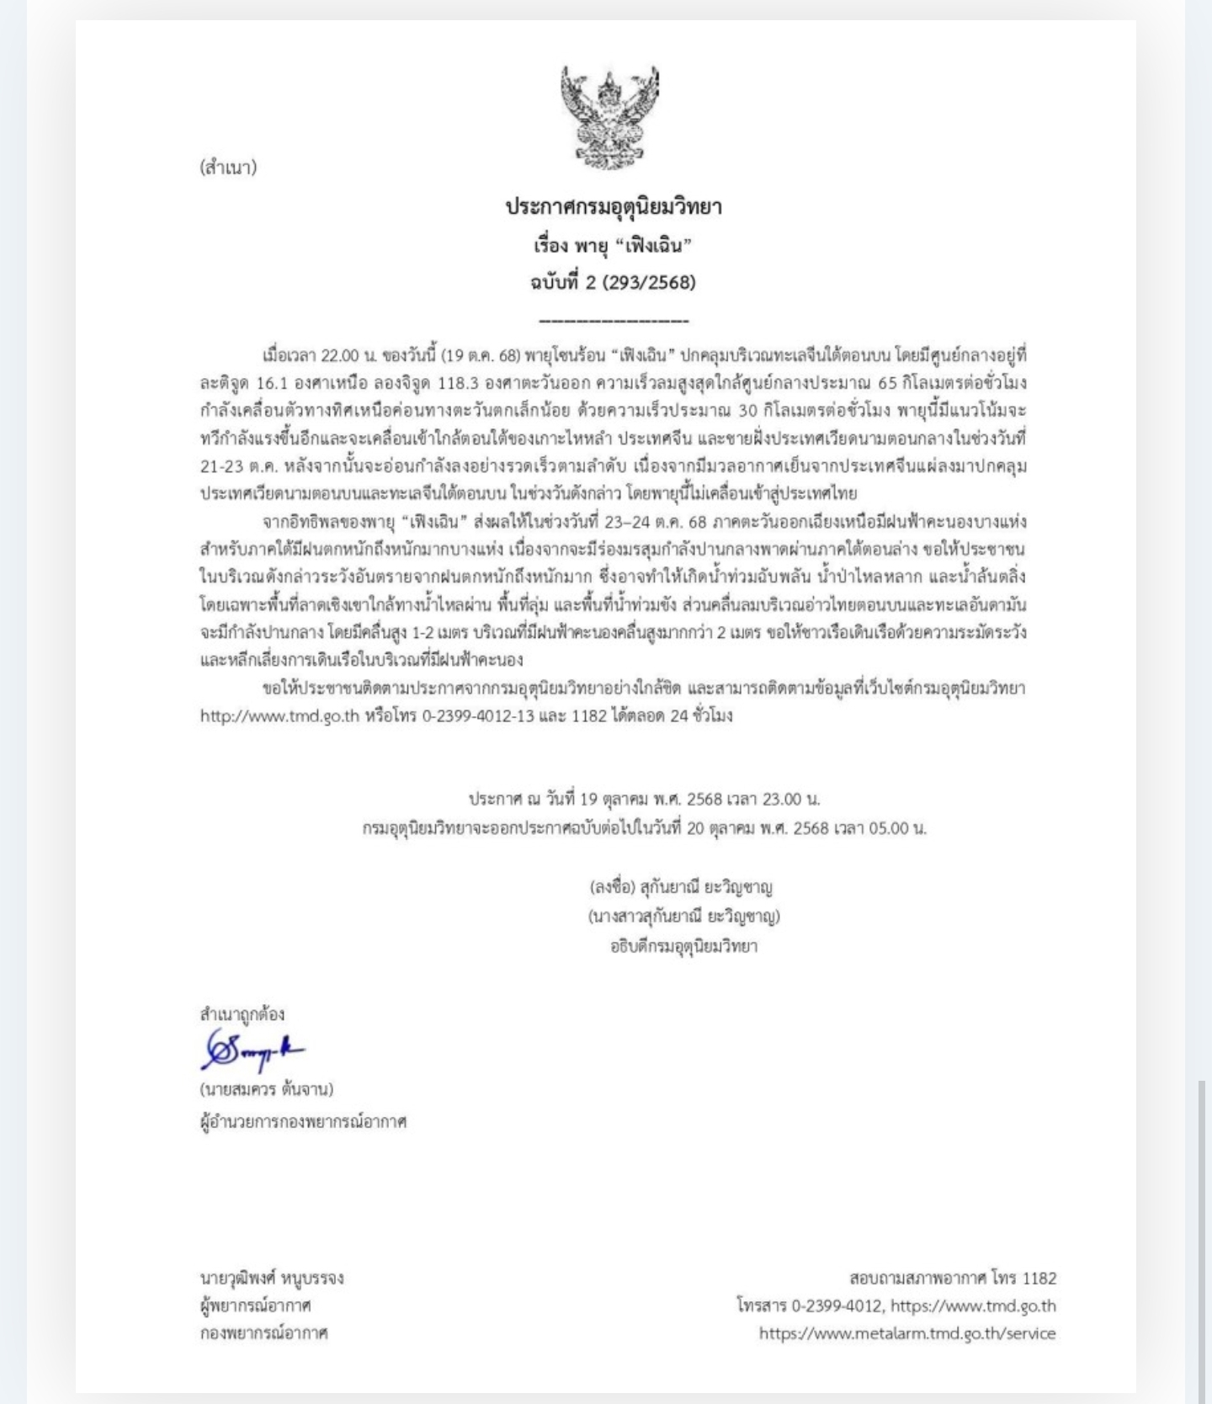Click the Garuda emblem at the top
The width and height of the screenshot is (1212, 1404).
(610, 119)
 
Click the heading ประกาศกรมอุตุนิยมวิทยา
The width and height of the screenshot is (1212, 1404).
(614, 207)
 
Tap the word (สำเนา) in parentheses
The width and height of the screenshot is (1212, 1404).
(228, 167)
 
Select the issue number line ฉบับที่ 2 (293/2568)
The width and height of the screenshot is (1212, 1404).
(613, 282)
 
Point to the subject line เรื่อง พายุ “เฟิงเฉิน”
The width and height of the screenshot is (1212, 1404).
(613, 246)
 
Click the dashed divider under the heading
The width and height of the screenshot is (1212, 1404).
(613, 321)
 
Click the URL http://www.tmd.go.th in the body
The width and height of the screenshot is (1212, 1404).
(279, 716)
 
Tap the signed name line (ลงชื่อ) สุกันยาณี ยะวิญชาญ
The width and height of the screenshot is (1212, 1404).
(681, 886)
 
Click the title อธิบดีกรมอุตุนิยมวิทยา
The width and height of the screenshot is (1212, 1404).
(683, 945)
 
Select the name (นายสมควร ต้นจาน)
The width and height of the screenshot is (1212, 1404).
(267, 1089)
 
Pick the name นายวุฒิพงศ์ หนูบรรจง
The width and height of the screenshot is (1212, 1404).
(272, 1278)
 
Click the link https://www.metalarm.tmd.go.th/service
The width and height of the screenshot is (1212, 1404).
(906, 1333)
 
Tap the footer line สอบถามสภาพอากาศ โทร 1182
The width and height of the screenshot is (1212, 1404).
(953, 1278)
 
